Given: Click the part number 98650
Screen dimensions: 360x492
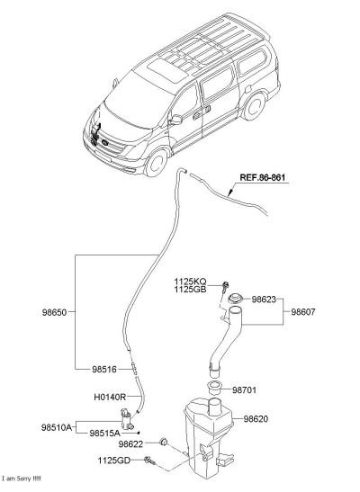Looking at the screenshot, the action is tap(54, 312).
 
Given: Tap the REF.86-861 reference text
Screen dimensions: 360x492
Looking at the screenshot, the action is tap(263, 177).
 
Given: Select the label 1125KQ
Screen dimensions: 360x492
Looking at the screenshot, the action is tap(191, 282).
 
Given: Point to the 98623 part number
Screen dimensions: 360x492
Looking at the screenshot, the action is tap(264, 300).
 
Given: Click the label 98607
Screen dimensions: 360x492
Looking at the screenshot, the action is tap(303, 312).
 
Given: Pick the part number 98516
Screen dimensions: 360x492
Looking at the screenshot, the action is tap(104, 370).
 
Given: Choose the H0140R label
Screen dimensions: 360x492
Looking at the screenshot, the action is tap(110, 397).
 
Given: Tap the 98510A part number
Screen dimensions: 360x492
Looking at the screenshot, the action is tap(57, 427).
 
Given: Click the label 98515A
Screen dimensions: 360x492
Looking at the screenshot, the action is tap(104, 434).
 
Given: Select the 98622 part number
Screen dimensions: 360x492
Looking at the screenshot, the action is tap(130, 444).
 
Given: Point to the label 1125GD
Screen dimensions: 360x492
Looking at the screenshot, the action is tap(114, 461).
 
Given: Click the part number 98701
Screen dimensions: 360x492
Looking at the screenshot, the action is tap(244, 390).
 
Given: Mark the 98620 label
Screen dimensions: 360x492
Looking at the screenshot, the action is tap(256, 418).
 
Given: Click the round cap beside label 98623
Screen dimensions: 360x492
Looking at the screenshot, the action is tap(236, 299).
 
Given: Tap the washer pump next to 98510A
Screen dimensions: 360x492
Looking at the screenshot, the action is tap(127, 419).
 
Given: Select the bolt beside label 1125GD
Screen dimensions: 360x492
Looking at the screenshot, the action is tap(150, 461).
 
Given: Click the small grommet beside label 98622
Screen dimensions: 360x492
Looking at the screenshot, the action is tap(164, 442).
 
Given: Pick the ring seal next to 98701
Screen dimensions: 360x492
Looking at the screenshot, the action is tap(215, 387).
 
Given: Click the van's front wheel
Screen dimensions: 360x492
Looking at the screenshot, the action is tap(157, 163).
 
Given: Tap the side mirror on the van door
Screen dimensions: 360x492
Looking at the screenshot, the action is tap(175, 120).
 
